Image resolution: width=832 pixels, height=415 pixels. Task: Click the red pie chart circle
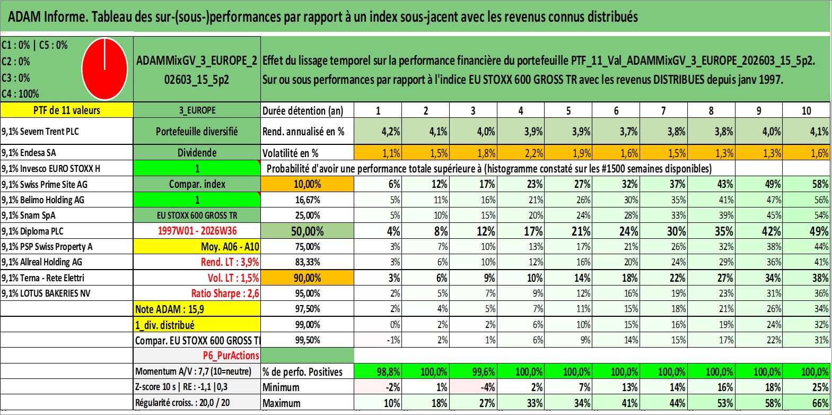point(104,69)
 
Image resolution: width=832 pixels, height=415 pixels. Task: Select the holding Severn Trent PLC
point(40,132)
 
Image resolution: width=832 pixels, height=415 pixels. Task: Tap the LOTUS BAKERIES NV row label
point(46,293)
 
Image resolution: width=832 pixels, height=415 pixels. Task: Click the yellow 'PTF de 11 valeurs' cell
point(67,110)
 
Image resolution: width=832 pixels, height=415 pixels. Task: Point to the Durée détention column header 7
point(663,110)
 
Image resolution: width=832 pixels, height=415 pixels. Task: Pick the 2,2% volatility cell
point(521,153)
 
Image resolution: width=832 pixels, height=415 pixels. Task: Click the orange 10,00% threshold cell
point(307,184)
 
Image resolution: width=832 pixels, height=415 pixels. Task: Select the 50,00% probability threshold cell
point(307,231)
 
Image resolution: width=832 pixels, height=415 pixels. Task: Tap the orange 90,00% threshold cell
point(307,278)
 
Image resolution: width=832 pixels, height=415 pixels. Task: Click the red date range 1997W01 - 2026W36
point(197,231)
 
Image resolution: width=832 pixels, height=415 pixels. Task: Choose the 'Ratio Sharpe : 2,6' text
point(225,293)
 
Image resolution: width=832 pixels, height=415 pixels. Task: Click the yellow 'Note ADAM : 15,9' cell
point(197,309)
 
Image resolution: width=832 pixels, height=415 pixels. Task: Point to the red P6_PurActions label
point(231,356)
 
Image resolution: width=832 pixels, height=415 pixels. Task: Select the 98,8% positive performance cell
point(378,371)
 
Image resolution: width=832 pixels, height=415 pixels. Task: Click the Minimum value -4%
point(473,387)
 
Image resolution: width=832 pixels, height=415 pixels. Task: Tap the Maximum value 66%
point(807,403)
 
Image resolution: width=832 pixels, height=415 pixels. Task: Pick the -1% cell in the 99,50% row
point(378,340)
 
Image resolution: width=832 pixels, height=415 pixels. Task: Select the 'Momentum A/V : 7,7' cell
point(193,371)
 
